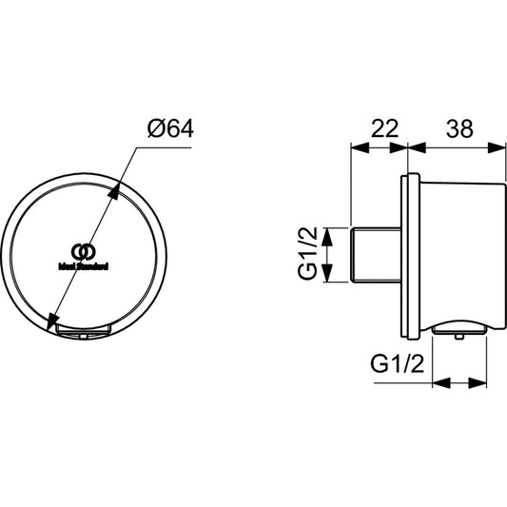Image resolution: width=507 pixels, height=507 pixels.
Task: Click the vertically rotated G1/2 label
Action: (307, 255)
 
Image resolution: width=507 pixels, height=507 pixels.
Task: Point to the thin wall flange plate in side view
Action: (411, 255)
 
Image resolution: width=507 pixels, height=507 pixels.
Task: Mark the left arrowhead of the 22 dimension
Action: (357, 147)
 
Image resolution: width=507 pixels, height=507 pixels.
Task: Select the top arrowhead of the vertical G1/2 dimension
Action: (326, 232)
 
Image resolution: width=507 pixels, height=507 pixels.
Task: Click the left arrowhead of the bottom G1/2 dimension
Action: (439, 383)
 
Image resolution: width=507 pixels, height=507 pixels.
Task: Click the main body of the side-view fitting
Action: (457, 252)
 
